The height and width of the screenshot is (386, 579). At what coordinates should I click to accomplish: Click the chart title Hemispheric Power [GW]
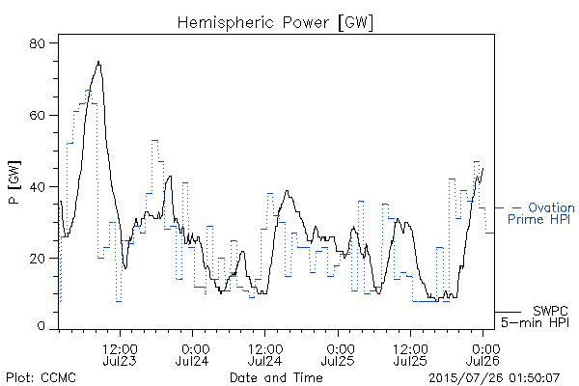coord(275,23)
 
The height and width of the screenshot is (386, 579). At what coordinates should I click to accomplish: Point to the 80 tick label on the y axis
coord(37,43)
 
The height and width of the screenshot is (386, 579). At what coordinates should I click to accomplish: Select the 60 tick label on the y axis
coord(37,115)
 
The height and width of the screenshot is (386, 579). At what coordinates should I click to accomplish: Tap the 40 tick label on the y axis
coord(37,187)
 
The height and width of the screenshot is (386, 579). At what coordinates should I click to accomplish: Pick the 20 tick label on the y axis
coord(37,259)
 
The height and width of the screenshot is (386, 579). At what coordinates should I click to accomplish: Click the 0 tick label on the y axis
coord(41,326)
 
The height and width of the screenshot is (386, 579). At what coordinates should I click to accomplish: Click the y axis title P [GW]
coord(14,182)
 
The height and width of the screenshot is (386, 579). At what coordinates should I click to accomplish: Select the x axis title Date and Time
coord(276,377)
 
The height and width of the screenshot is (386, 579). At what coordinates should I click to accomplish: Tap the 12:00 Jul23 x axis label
coord(120,354)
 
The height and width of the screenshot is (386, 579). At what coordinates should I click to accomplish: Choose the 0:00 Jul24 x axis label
coord(192,354)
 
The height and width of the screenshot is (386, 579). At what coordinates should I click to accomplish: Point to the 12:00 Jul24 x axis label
coord(265,354)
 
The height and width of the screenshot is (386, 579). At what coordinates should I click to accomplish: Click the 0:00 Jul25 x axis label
coord(338,354)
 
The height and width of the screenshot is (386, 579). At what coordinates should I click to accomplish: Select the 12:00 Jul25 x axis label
coord(410,354)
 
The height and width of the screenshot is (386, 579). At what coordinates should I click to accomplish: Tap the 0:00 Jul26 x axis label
coord(483,354)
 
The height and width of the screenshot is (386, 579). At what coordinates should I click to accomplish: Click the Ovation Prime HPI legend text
coord(541,213)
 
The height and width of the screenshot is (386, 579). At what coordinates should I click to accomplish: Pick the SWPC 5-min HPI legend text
coord(535,317)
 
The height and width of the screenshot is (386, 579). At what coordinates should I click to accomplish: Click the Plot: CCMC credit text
coord(41,377)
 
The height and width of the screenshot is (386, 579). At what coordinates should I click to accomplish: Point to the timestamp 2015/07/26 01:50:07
coord(494,378)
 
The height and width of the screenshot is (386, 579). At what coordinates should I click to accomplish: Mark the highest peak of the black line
coord(98,62)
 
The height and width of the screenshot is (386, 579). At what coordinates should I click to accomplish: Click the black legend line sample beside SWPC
coord(508,312)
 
